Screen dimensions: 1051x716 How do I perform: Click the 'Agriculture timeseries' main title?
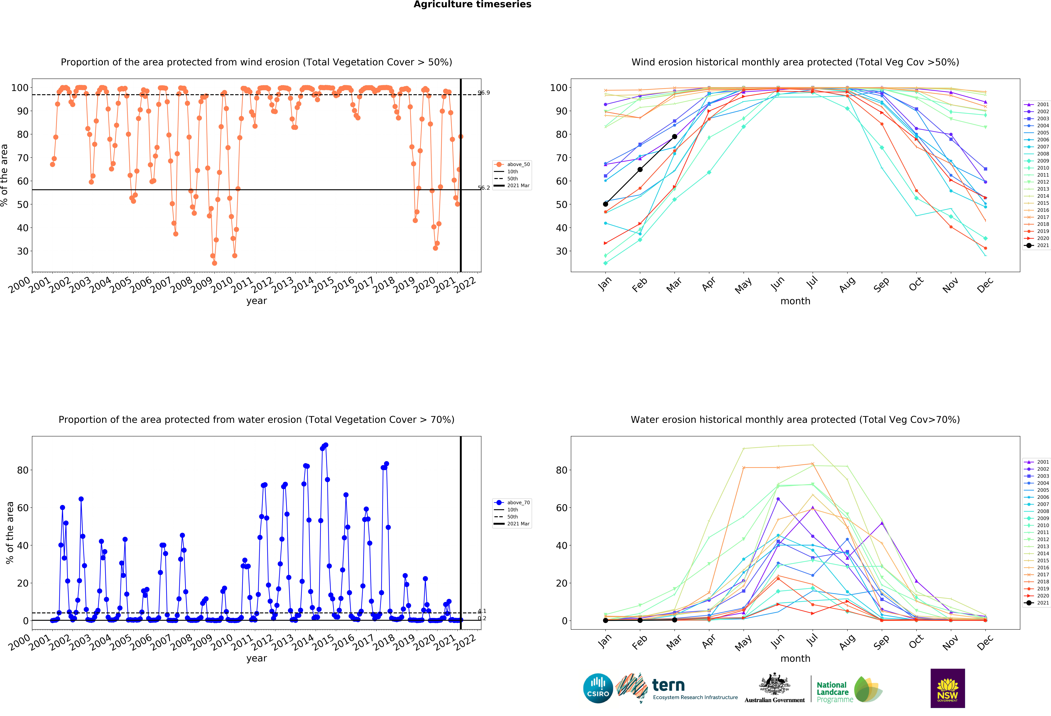pos(472,4)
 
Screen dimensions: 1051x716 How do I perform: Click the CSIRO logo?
pos(598,688)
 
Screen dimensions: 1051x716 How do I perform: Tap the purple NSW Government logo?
pos(947,688)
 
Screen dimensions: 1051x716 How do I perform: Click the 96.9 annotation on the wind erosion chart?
pos(483,93)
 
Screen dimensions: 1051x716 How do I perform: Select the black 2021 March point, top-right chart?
pos(674,136)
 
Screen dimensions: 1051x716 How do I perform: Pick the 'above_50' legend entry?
pos(512,165)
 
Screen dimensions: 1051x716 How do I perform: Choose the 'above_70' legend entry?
pos(512,503)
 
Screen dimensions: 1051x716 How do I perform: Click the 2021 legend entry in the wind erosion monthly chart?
pos(1037,245)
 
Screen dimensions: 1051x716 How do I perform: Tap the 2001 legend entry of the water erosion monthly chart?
pos(1037,462)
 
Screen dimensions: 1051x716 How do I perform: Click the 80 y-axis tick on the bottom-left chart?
pos(23,470)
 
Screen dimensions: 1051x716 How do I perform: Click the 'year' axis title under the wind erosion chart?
pos(256,301)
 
